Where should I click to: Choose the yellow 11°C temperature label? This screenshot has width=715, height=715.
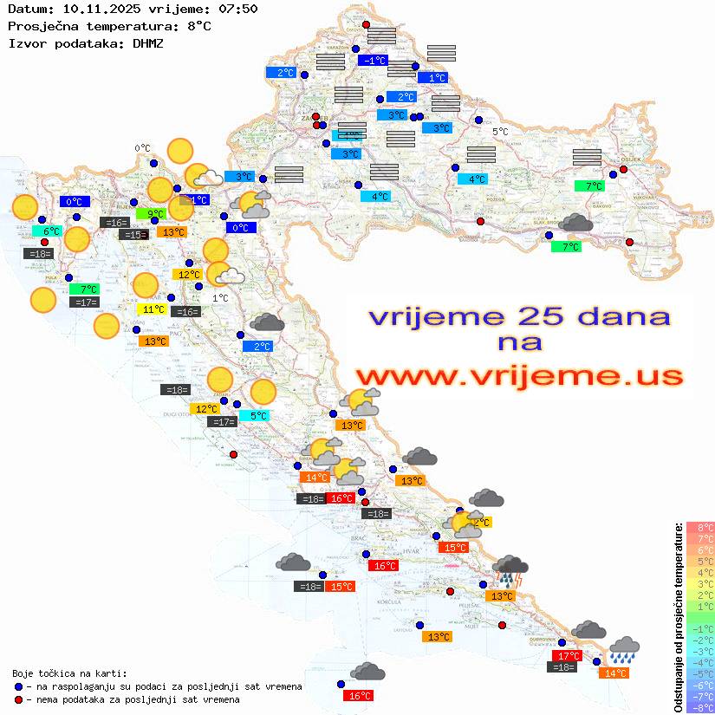pyautogui.click(x=152, y=309)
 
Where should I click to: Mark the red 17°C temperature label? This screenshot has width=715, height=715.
pyautogui.click(x=567, y=656)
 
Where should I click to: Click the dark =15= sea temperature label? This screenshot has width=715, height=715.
pyautogui.click(x=133, y=235)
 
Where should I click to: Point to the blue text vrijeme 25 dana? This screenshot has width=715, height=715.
pyautogui.click(x=519, y=316)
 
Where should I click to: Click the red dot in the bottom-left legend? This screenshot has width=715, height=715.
pyautogui.click(x=19, y=699)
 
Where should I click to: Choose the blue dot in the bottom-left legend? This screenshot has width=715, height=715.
pyautogui.click(x=19, y=686)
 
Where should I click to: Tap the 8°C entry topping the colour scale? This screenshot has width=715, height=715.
pyautogui.click(x=700, y=528)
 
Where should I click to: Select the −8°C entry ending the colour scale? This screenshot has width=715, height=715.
pyautogui.click(x=700, y=708)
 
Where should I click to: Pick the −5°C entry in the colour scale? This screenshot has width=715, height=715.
pyautogui.click(x=700, y=674)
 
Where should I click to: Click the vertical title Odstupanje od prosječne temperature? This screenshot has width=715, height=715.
pyautogui.click(x=678, y=617)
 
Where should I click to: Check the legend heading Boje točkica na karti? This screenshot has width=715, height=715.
pyautogui.click(x=69, y=673)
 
